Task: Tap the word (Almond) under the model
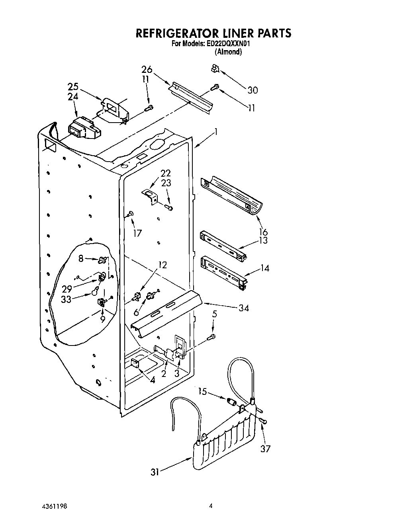pyautogui.click(x=228, y=52)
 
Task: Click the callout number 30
pyautogui.click(x=253, y=90)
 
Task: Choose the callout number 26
pyautogui.click(x=147, y=69)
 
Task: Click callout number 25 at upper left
pyautogui.click(x=73, y=87)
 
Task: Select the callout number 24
pyautogui.click(x=73, y=97)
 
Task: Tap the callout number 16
pyautogui.click(x=263, y=232)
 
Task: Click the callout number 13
pyautogui.click(x=263, y=240)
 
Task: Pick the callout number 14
pyautogui.click(x=264, y=268)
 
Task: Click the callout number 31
pyautogui.click(x=155, y=472)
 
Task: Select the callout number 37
pyautogui.click(x=265, y=449)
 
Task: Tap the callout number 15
pyautogui.click(x=202, y=392)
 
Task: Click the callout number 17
pyautogui.click(x=137, y=233)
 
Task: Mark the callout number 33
pyautogui.click(x=66, y=299)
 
